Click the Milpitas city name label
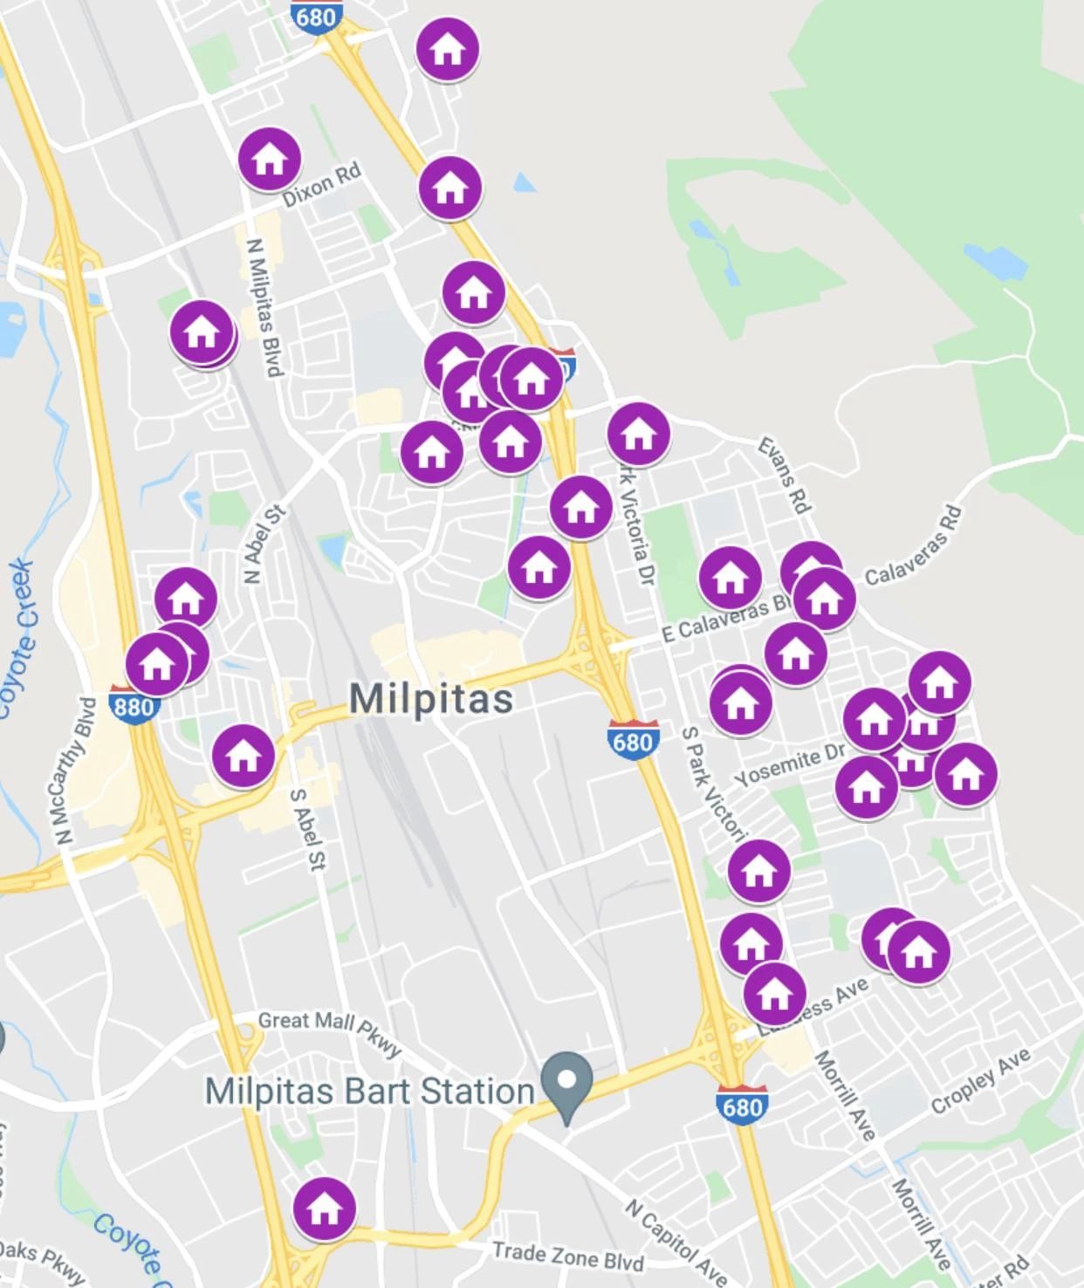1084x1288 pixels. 431,699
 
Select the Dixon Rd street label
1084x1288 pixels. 321,185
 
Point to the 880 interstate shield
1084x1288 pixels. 134,704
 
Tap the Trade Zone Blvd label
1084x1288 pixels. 568,1255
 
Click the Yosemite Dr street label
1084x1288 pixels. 790,765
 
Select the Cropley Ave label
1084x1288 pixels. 980,1081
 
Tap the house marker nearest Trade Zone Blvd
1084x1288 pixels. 325,1209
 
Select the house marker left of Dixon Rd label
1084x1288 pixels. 270,159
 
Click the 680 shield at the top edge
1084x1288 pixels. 316,16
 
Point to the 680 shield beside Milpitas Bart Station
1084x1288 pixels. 742,1106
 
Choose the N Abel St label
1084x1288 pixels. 264,544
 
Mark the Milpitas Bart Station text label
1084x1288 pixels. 369,1091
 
